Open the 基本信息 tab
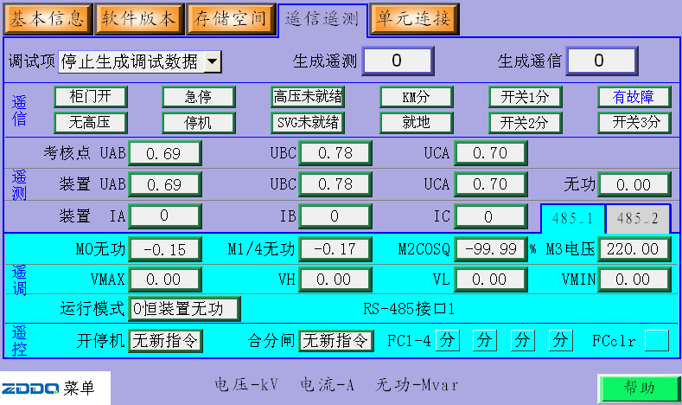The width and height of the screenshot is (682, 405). pos(48,17)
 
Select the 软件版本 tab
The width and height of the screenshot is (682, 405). pos(138,17)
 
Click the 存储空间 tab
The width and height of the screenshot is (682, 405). pos(229,17)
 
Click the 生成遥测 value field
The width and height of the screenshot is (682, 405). pos(397,61)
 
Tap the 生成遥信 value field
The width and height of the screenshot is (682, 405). pos(602,61)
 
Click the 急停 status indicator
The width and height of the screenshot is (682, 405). pos(198,96)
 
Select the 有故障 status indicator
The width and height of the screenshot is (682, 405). pos(634,96)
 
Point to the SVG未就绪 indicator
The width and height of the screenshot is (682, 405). pos(308,122)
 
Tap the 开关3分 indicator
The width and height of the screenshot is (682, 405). pos(634,122)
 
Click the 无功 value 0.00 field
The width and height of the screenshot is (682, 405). pos(634,184)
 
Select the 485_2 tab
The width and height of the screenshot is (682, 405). pos(638,219)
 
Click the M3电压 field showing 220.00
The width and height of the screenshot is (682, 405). pos(634,249)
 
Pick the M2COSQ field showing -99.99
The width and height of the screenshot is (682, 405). pos(489,249)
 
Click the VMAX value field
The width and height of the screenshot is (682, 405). pos(165,279)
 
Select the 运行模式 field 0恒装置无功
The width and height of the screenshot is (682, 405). pos(184,308)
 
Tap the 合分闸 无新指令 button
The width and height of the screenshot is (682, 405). pos(336,340)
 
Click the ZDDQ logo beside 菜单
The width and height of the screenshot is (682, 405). pos(30,386)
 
